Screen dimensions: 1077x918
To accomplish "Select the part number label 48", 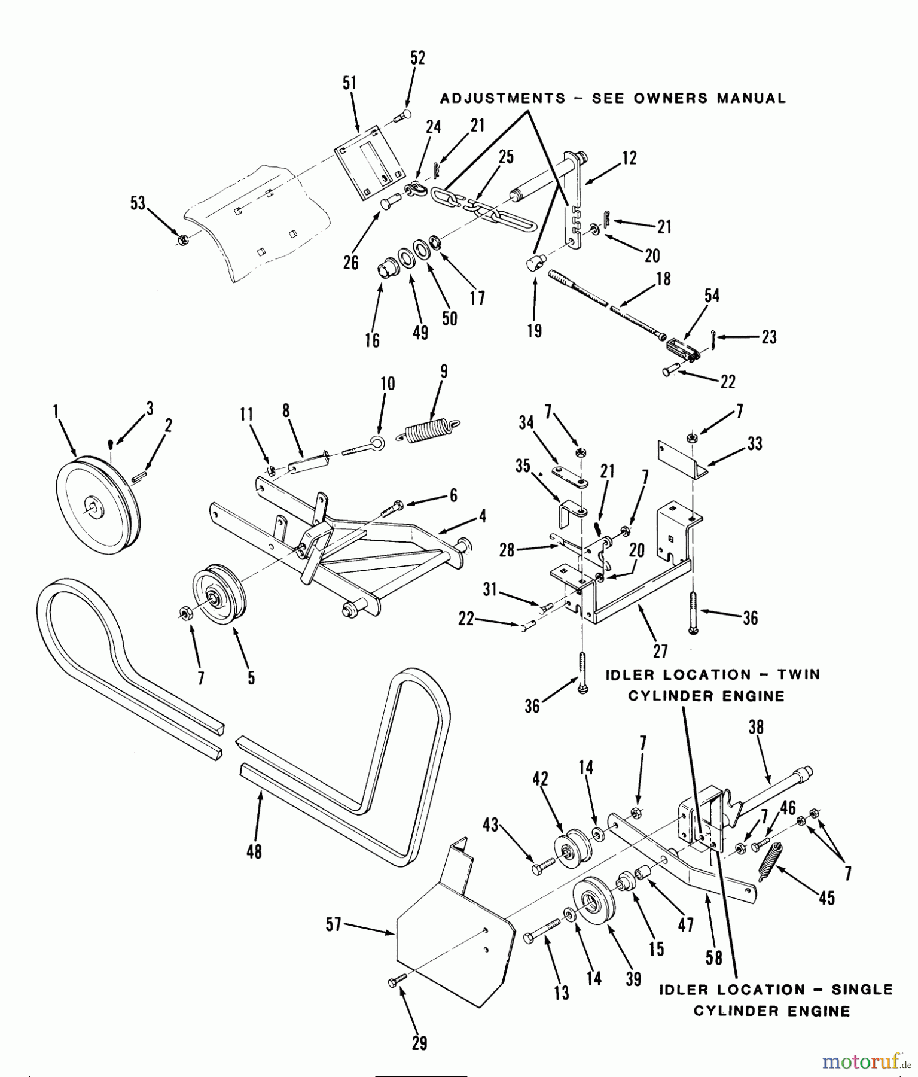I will click(254, 851).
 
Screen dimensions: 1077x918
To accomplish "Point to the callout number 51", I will click(349, 83).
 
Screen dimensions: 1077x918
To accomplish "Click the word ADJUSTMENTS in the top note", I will click(502, 98).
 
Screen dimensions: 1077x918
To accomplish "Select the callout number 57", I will click(333, 924).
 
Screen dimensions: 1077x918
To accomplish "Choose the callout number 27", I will click(660, 650).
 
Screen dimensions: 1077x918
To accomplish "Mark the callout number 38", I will click(756, 727).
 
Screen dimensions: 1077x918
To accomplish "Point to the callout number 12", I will click(629, 158).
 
